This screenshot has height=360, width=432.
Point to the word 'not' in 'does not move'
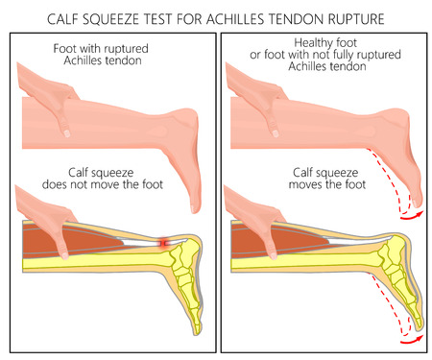coord(99,184)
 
